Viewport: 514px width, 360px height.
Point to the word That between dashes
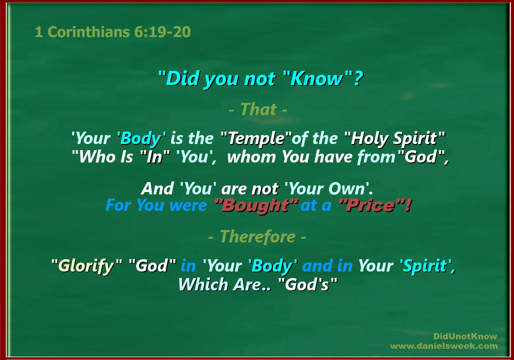tap(258, 109)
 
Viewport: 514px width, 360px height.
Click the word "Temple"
tap(256, 139)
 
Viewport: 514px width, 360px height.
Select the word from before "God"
tap(377, 157)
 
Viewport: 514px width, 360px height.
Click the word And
tap(157, 189)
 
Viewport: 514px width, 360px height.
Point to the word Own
tap(347, 189)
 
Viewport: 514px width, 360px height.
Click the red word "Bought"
tap(256, 206)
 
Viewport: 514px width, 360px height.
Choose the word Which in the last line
tap(203, 285)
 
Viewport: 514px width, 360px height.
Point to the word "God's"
tap(308, 285)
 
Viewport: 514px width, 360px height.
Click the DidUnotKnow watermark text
tap(465, 337)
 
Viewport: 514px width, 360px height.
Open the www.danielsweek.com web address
tap(444, 346)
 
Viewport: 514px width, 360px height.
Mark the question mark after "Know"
tap(358, 78)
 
